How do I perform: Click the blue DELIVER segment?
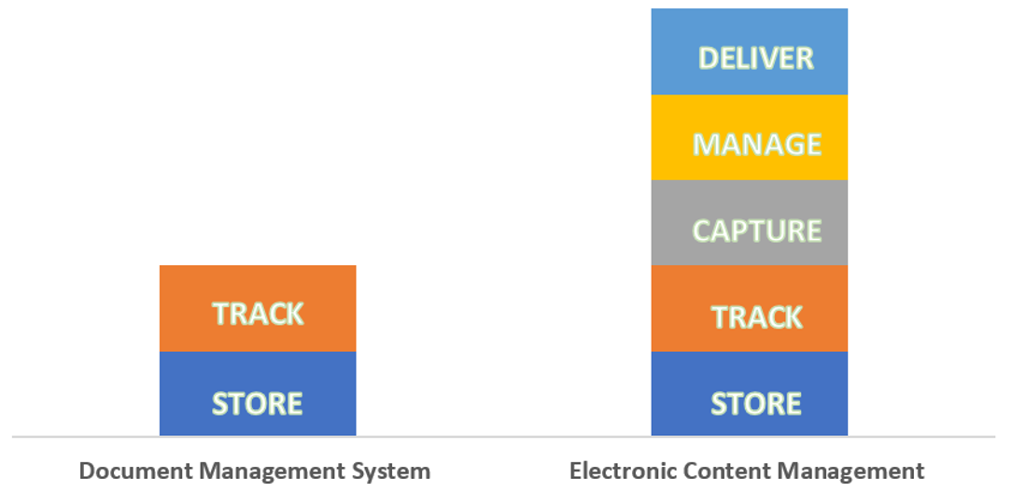point(749,51)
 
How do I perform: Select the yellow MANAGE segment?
point(749,137)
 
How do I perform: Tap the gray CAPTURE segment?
point(749,222)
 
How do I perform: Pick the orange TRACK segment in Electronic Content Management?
point(749,308)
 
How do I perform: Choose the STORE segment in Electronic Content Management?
point(749,394)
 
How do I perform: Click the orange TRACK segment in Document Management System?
point(258,308)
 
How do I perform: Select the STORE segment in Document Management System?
point(258,394)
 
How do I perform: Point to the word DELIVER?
point(756,59)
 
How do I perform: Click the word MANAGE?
point(757,145)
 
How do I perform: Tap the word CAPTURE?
point(757,231)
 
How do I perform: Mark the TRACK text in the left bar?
point(258,314)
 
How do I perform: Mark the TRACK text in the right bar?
point(757,317)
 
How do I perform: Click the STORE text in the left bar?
point(258,404)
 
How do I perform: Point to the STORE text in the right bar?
point(756,404)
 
